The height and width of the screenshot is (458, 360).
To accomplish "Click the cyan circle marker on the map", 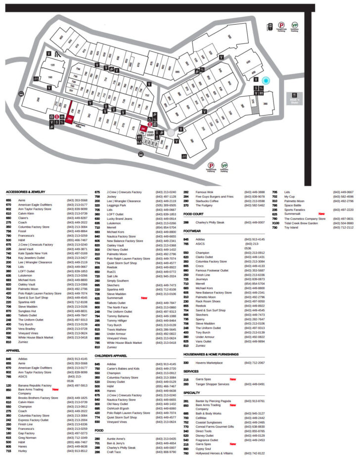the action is point(266,81).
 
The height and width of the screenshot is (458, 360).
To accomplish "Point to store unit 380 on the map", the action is point(265,104).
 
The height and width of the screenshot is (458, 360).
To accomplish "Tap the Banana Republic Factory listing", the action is point(35,385).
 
